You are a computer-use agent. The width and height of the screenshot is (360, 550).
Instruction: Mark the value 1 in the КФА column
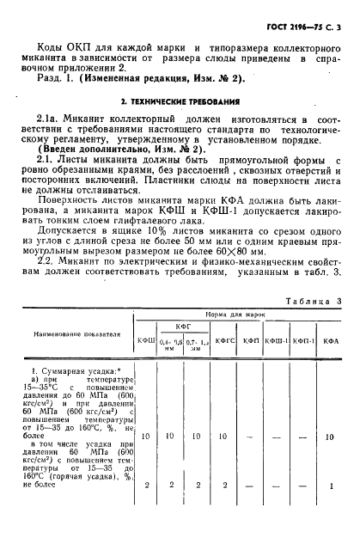coord(331,486)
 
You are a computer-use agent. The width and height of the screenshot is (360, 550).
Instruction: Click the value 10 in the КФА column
coord(331,437)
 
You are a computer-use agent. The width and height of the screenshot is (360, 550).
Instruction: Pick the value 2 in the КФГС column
coord(222,486)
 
